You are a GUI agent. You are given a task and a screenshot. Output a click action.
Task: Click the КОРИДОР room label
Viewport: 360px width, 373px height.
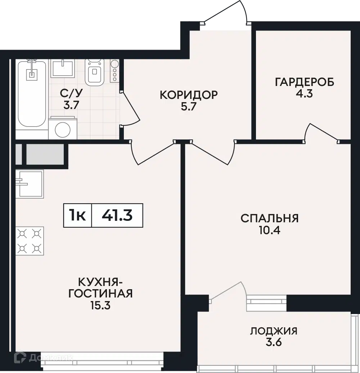coord(189,95)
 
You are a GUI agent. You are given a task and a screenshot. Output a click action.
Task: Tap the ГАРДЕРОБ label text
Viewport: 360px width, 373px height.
coord(305,82)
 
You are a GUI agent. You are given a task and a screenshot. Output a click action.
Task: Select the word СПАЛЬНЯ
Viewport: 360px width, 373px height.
coord(269,218)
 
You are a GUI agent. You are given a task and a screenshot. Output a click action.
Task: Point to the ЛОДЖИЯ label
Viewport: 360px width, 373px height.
coord(274,331)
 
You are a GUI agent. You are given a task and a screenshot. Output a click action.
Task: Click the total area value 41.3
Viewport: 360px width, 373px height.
coord(117,215)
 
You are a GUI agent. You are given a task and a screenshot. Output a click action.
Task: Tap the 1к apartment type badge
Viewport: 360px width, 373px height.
coord(77,215)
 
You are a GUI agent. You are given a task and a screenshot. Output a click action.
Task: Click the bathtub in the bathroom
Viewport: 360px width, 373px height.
coord(32,94)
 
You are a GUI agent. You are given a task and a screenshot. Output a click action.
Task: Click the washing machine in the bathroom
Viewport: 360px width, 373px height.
coord(63,128)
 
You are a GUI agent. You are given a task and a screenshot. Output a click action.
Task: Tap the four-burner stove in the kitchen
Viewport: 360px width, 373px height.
coord(30,241)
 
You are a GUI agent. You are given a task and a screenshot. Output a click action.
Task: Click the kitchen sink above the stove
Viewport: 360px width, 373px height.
coord(30,184)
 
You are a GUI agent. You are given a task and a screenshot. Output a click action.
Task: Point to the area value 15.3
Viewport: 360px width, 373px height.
coord(100,305)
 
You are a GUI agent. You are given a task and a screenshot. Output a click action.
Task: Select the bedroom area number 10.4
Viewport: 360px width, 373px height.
coord(270,230)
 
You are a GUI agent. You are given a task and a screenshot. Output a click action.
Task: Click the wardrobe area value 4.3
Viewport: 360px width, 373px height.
coord(304,94)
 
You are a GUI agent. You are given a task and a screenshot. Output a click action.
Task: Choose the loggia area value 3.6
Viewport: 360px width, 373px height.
coord(274,342)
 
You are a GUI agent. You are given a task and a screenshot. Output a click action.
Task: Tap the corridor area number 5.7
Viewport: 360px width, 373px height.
coord(188,106)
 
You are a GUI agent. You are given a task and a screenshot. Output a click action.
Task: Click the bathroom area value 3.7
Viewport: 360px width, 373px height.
coord(71,105)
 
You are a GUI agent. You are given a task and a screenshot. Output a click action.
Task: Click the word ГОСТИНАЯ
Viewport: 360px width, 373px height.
coord(100,294)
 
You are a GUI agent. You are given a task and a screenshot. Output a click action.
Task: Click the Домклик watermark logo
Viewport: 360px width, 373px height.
coord(43,357)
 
